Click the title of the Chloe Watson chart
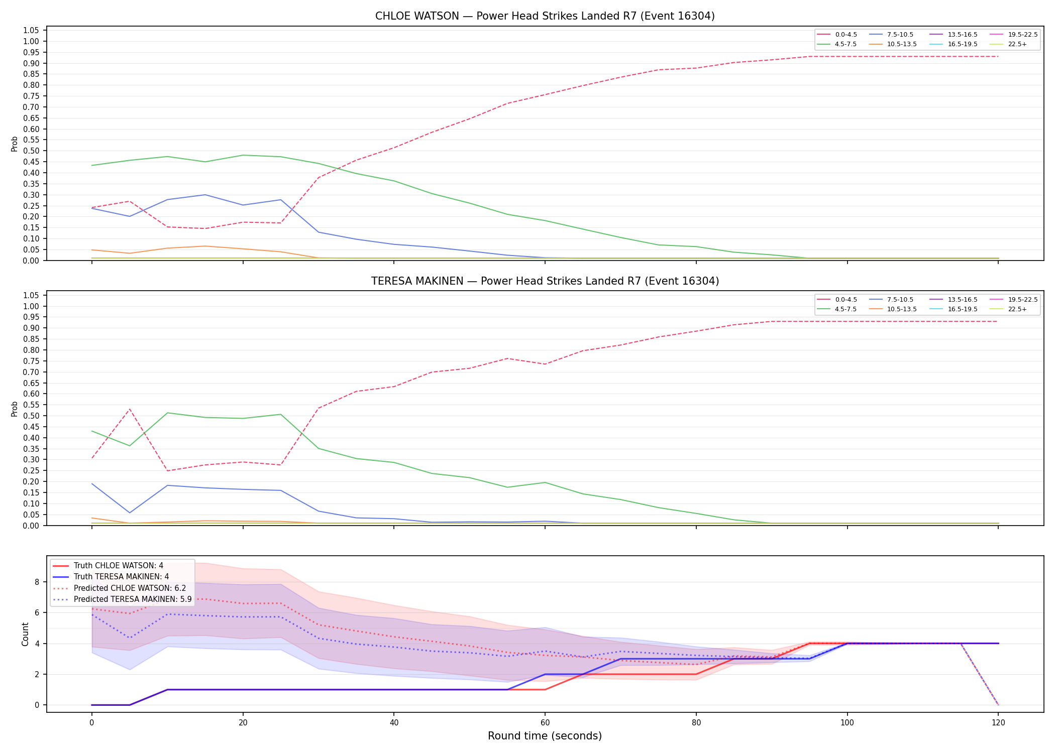(x=545, y=16)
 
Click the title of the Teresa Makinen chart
(x=545, y=281)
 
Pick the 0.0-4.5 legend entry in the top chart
(x=837, y=35)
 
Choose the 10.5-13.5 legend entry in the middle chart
(x=892, y=309)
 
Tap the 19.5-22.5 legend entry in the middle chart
(x=1013, y=300)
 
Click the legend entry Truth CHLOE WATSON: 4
(x=108, y=566)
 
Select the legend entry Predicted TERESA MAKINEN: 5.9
(x=122, y=599)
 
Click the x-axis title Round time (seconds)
(x=545, y=736)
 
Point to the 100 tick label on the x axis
(x=848, y=723)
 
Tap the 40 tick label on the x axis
(x=394, y=723)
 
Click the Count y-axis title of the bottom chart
(x=25, y=634)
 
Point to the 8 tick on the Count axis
(x=37, y=582)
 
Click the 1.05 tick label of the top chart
(x=32, y=31)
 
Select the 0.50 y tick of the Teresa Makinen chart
(x=32, y=416)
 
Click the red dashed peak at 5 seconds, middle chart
(x=130, y=409)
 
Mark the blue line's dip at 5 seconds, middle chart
(x=130, y=513)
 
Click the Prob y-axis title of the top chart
(x=15, y=144)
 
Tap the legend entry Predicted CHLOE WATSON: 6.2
(x=119, y=588)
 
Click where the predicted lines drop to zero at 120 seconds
(x=998, y=705)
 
